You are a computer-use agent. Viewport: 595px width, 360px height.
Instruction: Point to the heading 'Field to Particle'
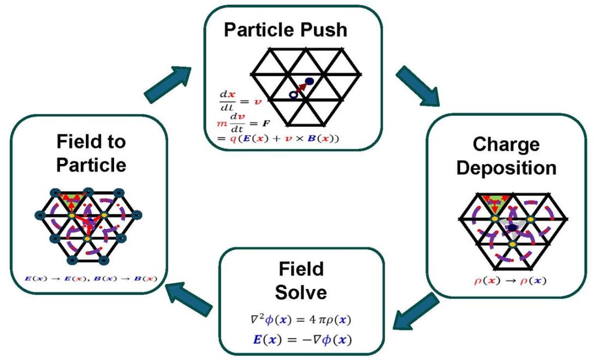tap(91, 152)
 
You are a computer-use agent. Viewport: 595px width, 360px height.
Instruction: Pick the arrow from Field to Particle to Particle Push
tap(170, 82)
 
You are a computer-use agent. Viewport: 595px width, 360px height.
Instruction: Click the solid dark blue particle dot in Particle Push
tap(310, 81)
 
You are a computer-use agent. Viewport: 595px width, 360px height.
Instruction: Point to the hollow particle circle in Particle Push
tap(293, 95)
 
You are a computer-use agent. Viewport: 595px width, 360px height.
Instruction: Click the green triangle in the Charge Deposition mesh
tap(493, 200)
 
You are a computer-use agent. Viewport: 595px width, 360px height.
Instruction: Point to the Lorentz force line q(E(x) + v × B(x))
tap(278, 139)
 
